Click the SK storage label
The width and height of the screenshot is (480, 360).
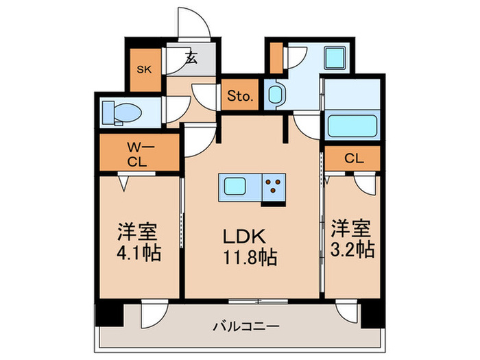pos(145,69)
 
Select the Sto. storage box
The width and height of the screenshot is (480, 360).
pos(239,96)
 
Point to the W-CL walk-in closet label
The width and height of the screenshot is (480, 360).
pos(139,154)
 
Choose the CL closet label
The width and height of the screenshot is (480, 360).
pos(353,158)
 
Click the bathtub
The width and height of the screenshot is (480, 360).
pos(353,127)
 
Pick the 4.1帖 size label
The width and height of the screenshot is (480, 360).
pos(139,253)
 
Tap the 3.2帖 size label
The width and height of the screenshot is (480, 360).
pos(352,249)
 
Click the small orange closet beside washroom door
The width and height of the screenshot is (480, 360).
pos(276,58)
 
